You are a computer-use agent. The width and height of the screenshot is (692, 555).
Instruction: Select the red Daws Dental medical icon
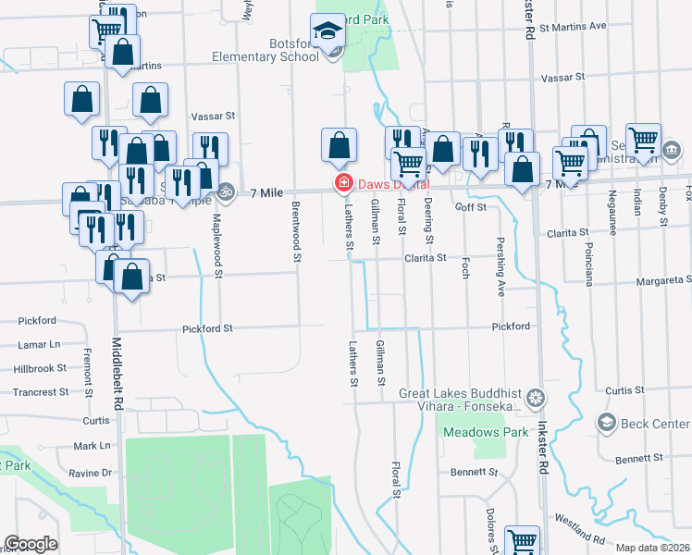343,184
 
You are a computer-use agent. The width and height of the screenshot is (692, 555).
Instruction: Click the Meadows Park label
472,432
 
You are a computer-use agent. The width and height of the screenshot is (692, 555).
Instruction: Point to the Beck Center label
657,424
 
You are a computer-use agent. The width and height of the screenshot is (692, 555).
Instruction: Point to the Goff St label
471,208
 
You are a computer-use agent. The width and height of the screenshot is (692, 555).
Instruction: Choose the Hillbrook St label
40,368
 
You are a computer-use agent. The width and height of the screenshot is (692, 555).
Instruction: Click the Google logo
31,544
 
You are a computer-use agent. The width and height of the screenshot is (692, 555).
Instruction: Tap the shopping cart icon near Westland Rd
523,540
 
